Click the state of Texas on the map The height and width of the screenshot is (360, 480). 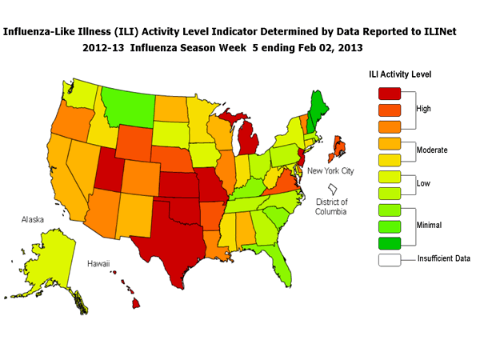(x=172, y=232)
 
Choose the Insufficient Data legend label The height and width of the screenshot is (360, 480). (x=444, y=258)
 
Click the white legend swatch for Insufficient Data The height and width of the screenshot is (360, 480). (x=385, y=259)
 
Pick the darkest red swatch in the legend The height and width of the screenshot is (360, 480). (x=385, y=93)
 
